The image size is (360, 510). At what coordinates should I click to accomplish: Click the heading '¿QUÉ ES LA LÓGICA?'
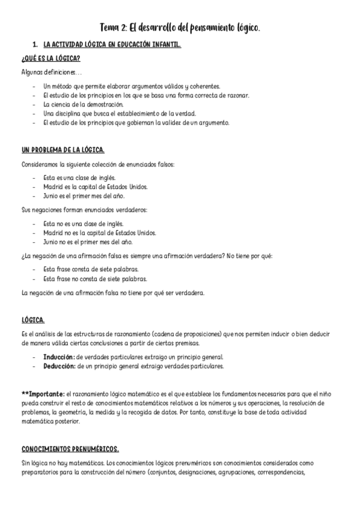[51, 59]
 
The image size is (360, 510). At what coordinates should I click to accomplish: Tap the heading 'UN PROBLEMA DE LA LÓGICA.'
[63, 150]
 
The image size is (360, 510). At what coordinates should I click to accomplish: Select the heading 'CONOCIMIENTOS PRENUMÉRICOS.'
[70, 449]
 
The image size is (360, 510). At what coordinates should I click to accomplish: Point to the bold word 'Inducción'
[59, 357]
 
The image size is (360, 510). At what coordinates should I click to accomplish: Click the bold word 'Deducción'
[59, 365]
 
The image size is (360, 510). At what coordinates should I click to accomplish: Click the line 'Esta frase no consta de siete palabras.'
[96, 279]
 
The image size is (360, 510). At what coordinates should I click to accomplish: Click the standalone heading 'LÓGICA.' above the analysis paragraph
[33, 319]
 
